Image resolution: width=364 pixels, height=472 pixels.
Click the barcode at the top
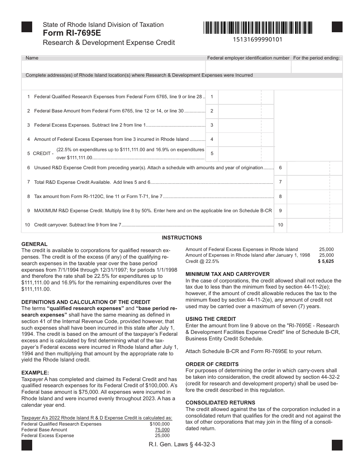[x=258, y=28]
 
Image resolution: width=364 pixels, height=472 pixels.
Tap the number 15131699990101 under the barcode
[x=257, y=40]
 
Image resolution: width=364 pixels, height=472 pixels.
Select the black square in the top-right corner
[x=337, y=27]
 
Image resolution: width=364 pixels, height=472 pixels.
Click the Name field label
[x=32, y=58]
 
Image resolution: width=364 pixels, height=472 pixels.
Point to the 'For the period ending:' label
[x=316, y=58]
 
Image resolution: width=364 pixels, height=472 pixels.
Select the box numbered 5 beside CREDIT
[x=212, y=153]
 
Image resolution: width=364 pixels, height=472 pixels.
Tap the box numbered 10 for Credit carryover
[x=280, y=225]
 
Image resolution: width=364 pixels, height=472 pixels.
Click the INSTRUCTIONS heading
[x=182, y=238]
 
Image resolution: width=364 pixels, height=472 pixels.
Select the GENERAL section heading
[x=34, y=244]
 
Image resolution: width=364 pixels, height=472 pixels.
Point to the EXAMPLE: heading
[x=35, y=373]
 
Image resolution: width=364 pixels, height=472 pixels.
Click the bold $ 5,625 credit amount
[x=326, y=261]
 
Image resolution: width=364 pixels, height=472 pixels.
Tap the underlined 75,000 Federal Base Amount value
[x=162, y=430]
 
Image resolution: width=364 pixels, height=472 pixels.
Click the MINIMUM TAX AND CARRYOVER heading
[x=228, y=274]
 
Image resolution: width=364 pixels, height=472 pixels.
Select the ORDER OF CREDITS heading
[x=212, y=364]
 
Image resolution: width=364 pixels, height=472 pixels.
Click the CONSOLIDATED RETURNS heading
[x=220, y=403]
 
